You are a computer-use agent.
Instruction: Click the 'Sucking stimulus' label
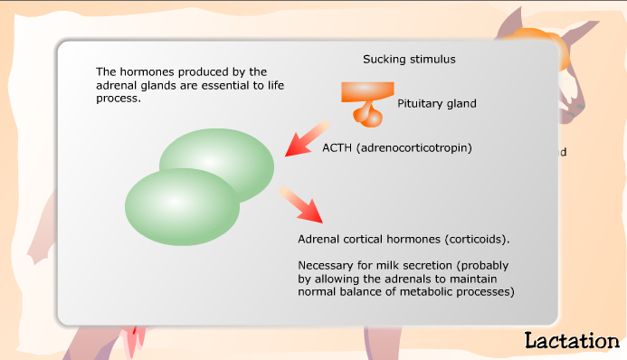[409, 60]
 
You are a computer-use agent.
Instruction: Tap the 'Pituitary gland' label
[437, 104]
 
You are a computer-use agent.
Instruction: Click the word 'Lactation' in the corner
[571, 340]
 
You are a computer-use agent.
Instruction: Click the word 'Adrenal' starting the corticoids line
[318, 240]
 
